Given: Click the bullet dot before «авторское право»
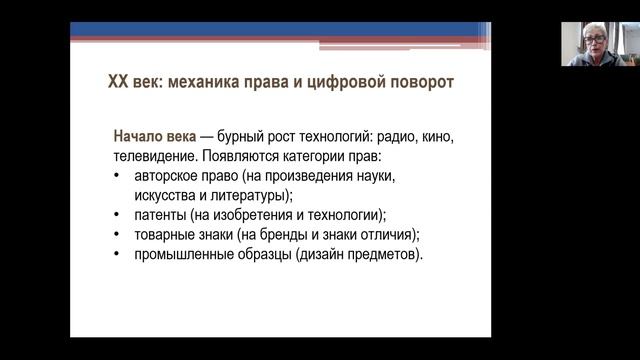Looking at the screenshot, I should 119,177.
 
